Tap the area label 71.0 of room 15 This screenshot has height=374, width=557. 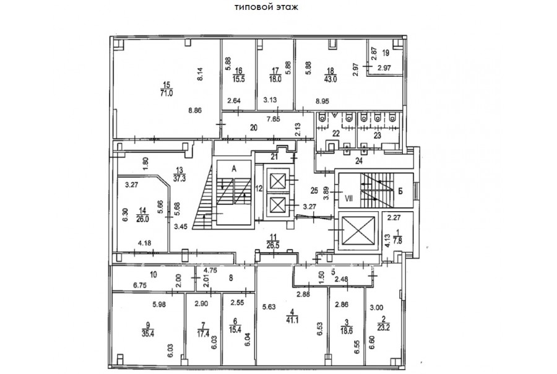(x=166, y=94)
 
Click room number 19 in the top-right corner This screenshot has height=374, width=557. (x=385, y=54)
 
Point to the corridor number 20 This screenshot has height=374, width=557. (x=253, y=128)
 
